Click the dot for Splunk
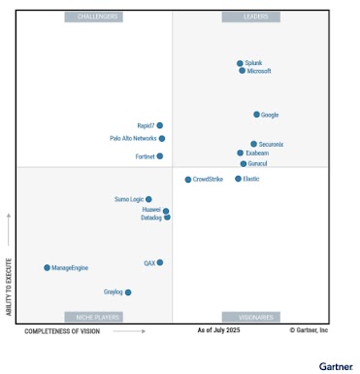[x=240, y=63]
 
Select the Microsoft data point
[x=243, y=71]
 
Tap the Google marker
[x=256, y=115]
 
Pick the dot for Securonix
[x=254, y=144]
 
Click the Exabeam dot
[x=241, y=153]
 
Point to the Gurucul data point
[x=244, y=163]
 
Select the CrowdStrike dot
[x=188, y=179]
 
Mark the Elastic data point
[x=238, y=179]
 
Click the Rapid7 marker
[x=160, y=125]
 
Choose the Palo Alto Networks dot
[x=162, y=139]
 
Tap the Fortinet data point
[x=160, y=155]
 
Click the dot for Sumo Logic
[x=148, y=199]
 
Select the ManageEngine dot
[x=47, y=267]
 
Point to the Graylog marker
[x=128, y=291]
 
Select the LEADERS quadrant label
[x=250, y=17]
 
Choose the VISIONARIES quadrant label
[x=250, y=317]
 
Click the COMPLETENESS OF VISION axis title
[x=62, y=330]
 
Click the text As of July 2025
[x=218, y=330]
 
